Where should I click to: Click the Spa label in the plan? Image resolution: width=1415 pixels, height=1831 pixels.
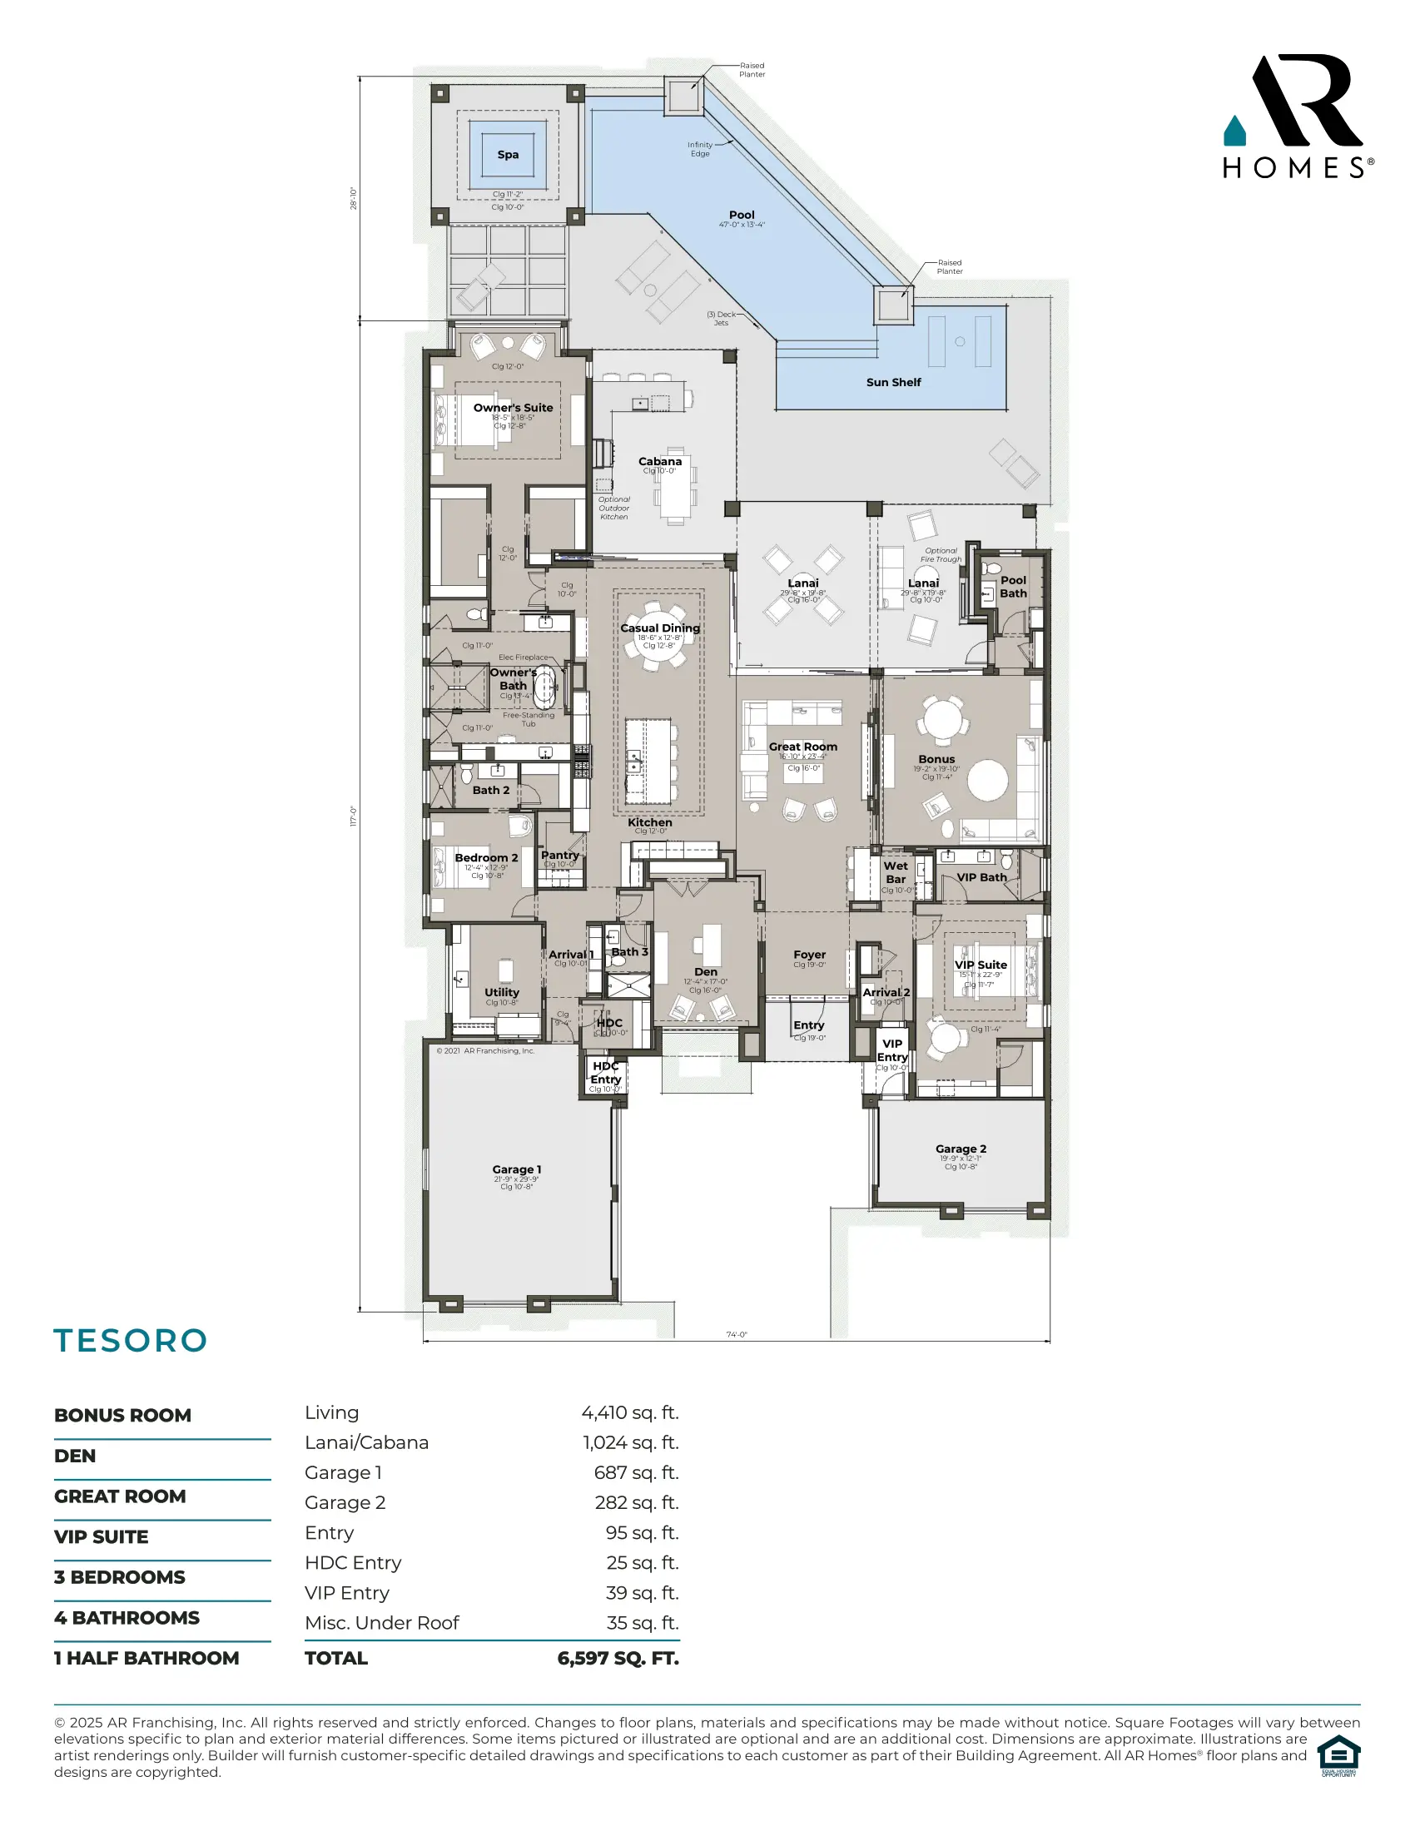(508, 155)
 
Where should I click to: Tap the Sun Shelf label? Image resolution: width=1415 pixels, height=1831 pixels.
(894, 382)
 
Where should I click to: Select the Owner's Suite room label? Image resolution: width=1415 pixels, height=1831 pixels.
(513, 409)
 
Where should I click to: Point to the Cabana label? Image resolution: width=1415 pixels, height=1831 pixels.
(660, 461)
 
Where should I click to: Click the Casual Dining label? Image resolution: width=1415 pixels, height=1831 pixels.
(660, 628)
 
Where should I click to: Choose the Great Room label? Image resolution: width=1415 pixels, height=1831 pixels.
(803, 747)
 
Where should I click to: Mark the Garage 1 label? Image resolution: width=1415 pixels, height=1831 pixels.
(516, 1169)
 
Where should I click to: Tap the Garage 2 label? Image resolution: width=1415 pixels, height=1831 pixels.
(961, 1149)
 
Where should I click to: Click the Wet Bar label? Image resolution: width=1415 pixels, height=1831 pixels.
(896, 873)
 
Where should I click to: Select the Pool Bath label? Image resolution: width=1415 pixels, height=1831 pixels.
(1013, 587)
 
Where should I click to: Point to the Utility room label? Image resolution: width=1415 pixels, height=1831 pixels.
(501, 993)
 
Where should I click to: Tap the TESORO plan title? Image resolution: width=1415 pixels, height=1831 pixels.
(131, 1342)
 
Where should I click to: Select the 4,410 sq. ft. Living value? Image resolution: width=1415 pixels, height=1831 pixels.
(629, 1413)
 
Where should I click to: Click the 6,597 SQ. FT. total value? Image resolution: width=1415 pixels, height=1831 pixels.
(618, 1658)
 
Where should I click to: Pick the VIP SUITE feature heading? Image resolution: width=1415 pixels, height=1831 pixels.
(102, 1536)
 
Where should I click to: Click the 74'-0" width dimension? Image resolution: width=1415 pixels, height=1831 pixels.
(736, 1335)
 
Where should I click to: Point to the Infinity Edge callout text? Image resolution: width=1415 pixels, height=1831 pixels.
(700, 149)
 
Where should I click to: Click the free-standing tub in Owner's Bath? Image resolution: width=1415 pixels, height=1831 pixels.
(545, 687)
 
